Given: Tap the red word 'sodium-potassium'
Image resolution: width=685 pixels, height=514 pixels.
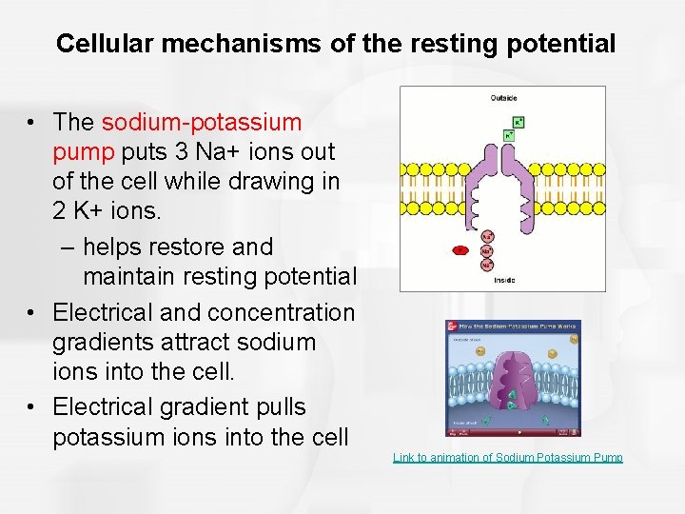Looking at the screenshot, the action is click(x=202, y=123).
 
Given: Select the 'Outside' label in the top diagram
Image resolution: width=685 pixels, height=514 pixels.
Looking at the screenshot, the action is click(x=503, y=98).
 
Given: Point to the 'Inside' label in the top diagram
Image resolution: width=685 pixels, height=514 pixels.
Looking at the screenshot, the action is click(x=504, y=280).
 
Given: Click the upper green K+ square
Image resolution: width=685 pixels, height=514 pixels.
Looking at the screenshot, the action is click(x=519, y=122).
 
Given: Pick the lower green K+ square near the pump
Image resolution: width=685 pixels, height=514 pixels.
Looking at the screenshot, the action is click(x=508, y=136).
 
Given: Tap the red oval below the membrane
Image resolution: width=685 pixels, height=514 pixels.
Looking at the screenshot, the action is click(x=460, y=250).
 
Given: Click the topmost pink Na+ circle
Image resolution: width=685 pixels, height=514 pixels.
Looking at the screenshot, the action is click(x=487, y=237).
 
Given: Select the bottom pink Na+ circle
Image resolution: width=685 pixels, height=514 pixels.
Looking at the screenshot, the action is click(x=486, y=266).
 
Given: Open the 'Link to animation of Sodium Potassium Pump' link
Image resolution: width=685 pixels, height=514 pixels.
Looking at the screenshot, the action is click(x=508, y=458).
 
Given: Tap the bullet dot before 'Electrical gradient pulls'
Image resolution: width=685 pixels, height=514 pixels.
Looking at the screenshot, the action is click(x=33, y=407).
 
